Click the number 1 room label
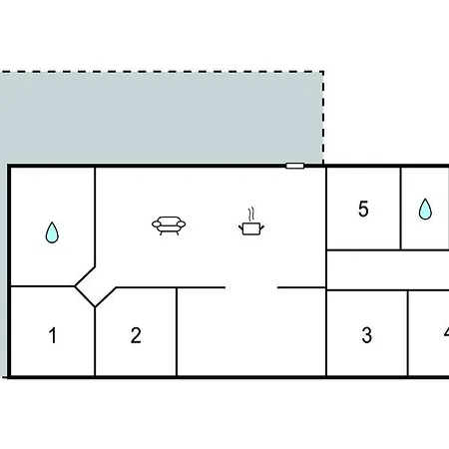pyautogui.click(x=53, y=335)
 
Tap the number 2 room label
pyautogui.click(x=136, y=335)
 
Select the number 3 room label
pyautogui.click(x=366, y=335)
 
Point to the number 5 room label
pyautogui.click(x=363, y=209)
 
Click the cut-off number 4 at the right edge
pyautogui.click(x=446, y=332)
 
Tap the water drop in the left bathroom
pyautogui.click(x=52, y=232)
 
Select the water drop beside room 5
pyautogui.click(x=425, y=209)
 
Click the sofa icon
pyautogui.click(x=169, y=225)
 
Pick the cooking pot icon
pyautogui.click(x=251, y=228)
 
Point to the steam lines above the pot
pyautogui.click(x=251, y=215)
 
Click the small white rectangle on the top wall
pyautogui.click(x=294, y=166)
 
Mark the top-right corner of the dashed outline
pyautogui.click(x=323, y=71)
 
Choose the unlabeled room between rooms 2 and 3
pyautogui.click(x=251, y=332)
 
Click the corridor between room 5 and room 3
pyautogui.click(x=388, y=270)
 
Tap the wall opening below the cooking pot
pyautogui.click(x=251, y=287)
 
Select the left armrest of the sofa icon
pyautogui.click(x=156, y=224)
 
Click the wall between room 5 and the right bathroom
pyautogui.click(x=400, y=209)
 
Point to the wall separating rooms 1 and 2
pyautogui.click(x=95, y=341)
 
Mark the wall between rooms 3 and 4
pyautogui.click(x=408, y=333)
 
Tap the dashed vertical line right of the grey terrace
pyautogui.click(x=323, y=118)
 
